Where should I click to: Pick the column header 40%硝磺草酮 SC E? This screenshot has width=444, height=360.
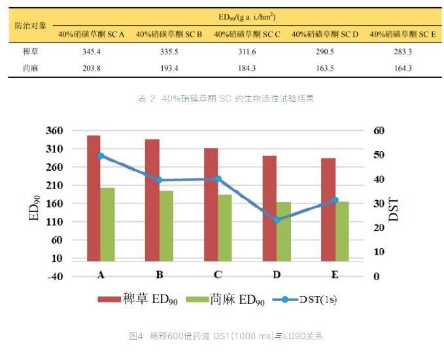[x=403, y=33]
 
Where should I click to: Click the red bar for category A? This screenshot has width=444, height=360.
[x=94, y=196]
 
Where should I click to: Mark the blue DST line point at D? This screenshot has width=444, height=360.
[x=277, y=220]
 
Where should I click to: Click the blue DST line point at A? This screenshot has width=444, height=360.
[x=101, y=156]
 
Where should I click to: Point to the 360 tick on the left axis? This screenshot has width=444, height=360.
[x=54, y=131]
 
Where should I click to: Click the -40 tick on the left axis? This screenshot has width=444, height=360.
[x=54, y=276]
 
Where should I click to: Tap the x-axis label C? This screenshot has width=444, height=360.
[x=218, y=275]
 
